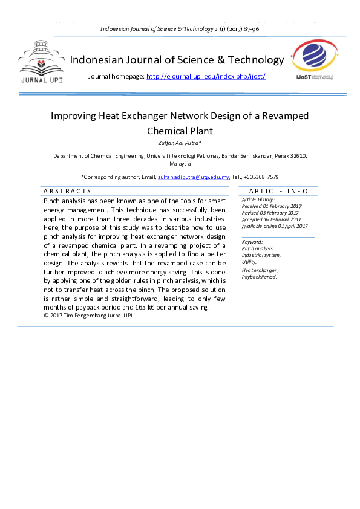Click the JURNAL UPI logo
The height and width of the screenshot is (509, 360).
coord(41,62)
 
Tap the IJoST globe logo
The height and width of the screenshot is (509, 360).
coord(314,60)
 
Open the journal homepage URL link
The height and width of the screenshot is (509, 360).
coord(206,76)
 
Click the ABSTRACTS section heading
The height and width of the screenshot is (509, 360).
coord(67,191)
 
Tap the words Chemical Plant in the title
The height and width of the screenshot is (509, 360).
coord(180,131)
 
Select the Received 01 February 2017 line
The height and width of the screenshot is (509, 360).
coord(271,206)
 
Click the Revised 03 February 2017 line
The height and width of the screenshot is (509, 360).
coord(270,213)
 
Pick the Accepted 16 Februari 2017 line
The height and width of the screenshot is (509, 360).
coord(271,219)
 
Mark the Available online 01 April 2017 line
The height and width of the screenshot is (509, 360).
coord(275,226)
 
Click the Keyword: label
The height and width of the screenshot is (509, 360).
coord(252,242)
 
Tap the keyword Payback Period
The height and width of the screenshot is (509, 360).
coord(259,276)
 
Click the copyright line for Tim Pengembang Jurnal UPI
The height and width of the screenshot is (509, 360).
coord(88,316)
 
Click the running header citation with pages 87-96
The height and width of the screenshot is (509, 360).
coord(180,29)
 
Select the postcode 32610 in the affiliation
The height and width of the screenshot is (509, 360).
coord(297,156)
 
